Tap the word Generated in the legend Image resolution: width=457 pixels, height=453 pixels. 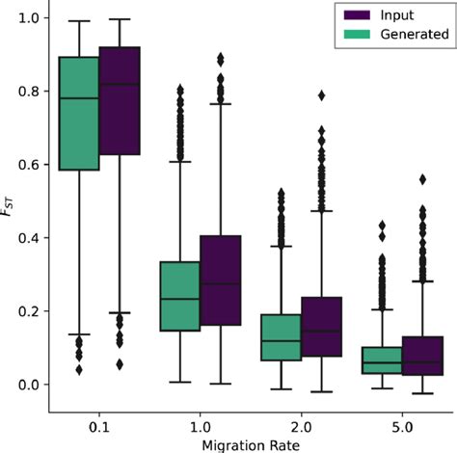414,34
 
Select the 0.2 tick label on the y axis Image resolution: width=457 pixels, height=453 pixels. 29,311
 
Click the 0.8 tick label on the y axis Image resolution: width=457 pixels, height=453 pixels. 29,92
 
